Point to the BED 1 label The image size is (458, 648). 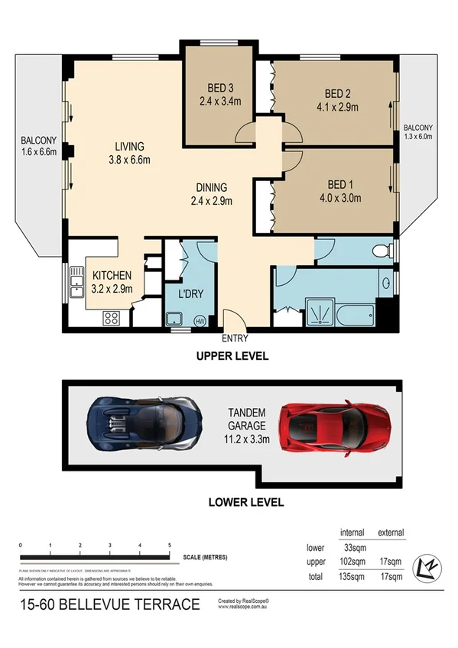click(x=339, y=185)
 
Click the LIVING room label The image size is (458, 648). click(x=129, y=147)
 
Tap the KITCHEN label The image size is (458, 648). click(x=112, y=275)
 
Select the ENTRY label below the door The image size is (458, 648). click(x=233, y=339)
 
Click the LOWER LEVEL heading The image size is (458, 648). click(x=246, y=502)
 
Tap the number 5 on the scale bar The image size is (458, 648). click(x=169, y=545)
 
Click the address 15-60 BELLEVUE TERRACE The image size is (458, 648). click(x=109, y=605)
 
